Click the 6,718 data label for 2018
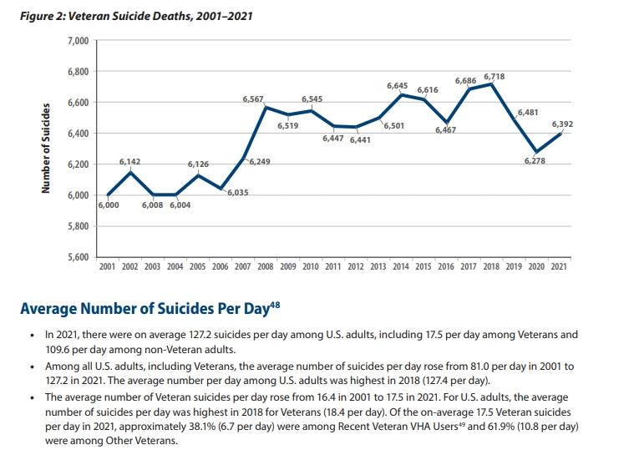(494, 77)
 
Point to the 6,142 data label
(129, 161)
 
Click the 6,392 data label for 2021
(562, 124)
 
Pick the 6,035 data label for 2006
(237, 193)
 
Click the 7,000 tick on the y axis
(77, 41)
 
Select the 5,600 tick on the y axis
(77, 256)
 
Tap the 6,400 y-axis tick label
(77, 134)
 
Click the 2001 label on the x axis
(108, 265)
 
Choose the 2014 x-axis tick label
(400, 265)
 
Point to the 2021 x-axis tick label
(558, 265)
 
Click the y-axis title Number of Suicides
(46, 149)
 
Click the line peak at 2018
(491, 83)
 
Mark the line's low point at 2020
(535, 152)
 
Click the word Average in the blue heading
(50, 310)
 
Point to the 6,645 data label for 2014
(397, 86)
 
